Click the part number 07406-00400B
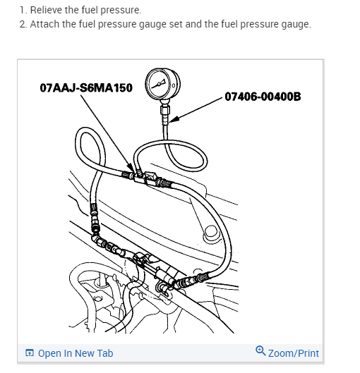263,96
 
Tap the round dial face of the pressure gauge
162,85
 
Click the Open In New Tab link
76,353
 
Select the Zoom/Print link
294,353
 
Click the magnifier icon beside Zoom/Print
260,352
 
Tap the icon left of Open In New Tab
29,353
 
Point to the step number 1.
23,10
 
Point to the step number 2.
23,24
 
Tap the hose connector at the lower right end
192,281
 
